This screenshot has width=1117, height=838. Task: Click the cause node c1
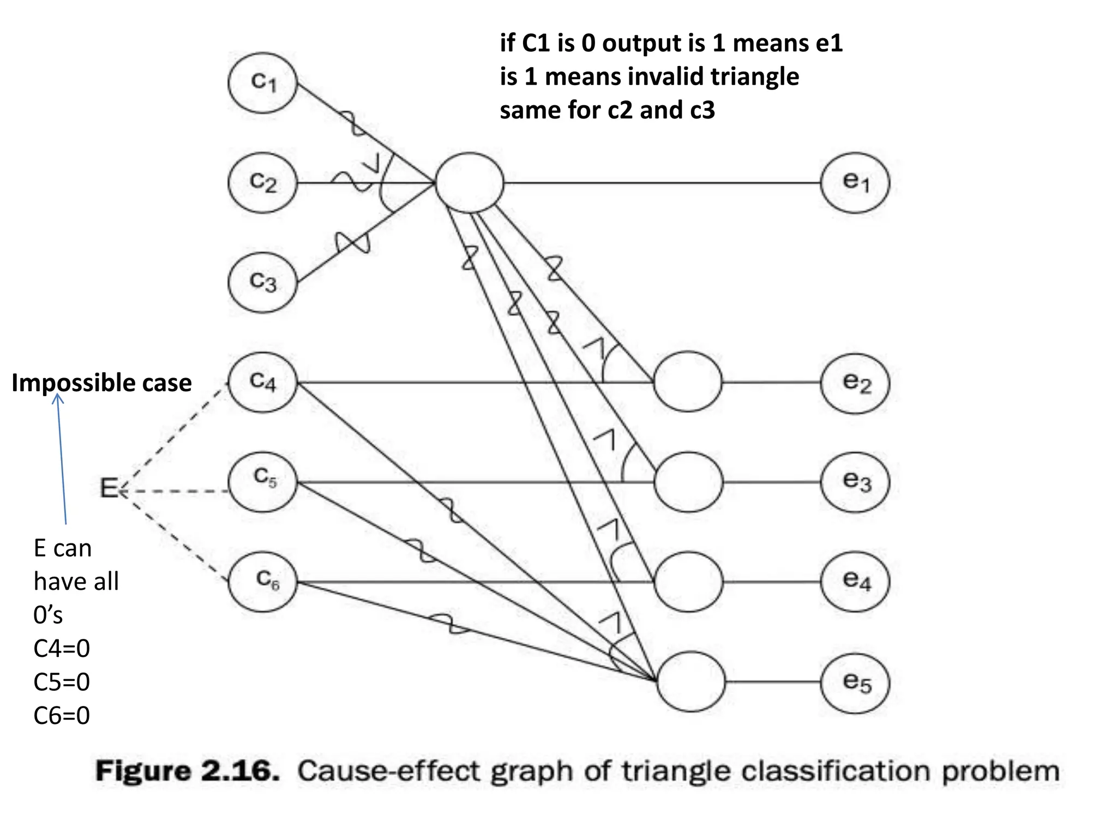(263, 83)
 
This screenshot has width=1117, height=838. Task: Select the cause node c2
(263, 182)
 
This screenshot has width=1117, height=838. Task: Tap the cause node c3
(263, 282)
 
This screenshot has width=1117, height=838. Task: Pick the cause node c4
(263, 382)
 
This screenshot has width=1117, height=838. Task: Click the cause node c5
(263, 481)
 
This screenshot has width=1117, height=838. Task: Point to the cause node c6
(263, 581)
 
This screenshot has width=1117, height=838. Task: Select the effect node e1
(855, 182)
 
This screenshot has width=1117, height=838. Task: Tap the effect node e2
(855, 384)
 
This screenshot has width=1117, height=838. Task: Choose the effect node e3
(855, 482)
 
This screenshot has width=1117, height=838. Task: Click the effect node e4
(855, 581)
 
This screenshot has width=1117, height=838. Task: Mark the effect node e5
(855, 683)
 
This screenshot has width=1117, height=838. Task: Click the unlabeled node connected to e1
(469, 182)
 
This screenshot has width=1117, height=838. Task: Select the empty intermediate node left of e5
(691, 681)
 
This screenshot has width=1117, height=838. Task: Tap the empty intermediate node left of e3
(688, 482)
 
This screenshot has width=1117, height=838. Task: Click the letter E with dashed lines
(109, 488)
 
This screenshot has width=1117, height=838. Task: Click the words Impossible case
(101, 383)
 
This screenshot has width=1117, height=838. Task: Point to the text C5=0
(62, 682)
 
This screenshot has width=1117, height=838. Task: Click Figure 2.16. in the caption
(188, 771)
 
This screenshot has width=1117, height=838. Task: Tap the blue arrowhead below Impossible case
(58, 398)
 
